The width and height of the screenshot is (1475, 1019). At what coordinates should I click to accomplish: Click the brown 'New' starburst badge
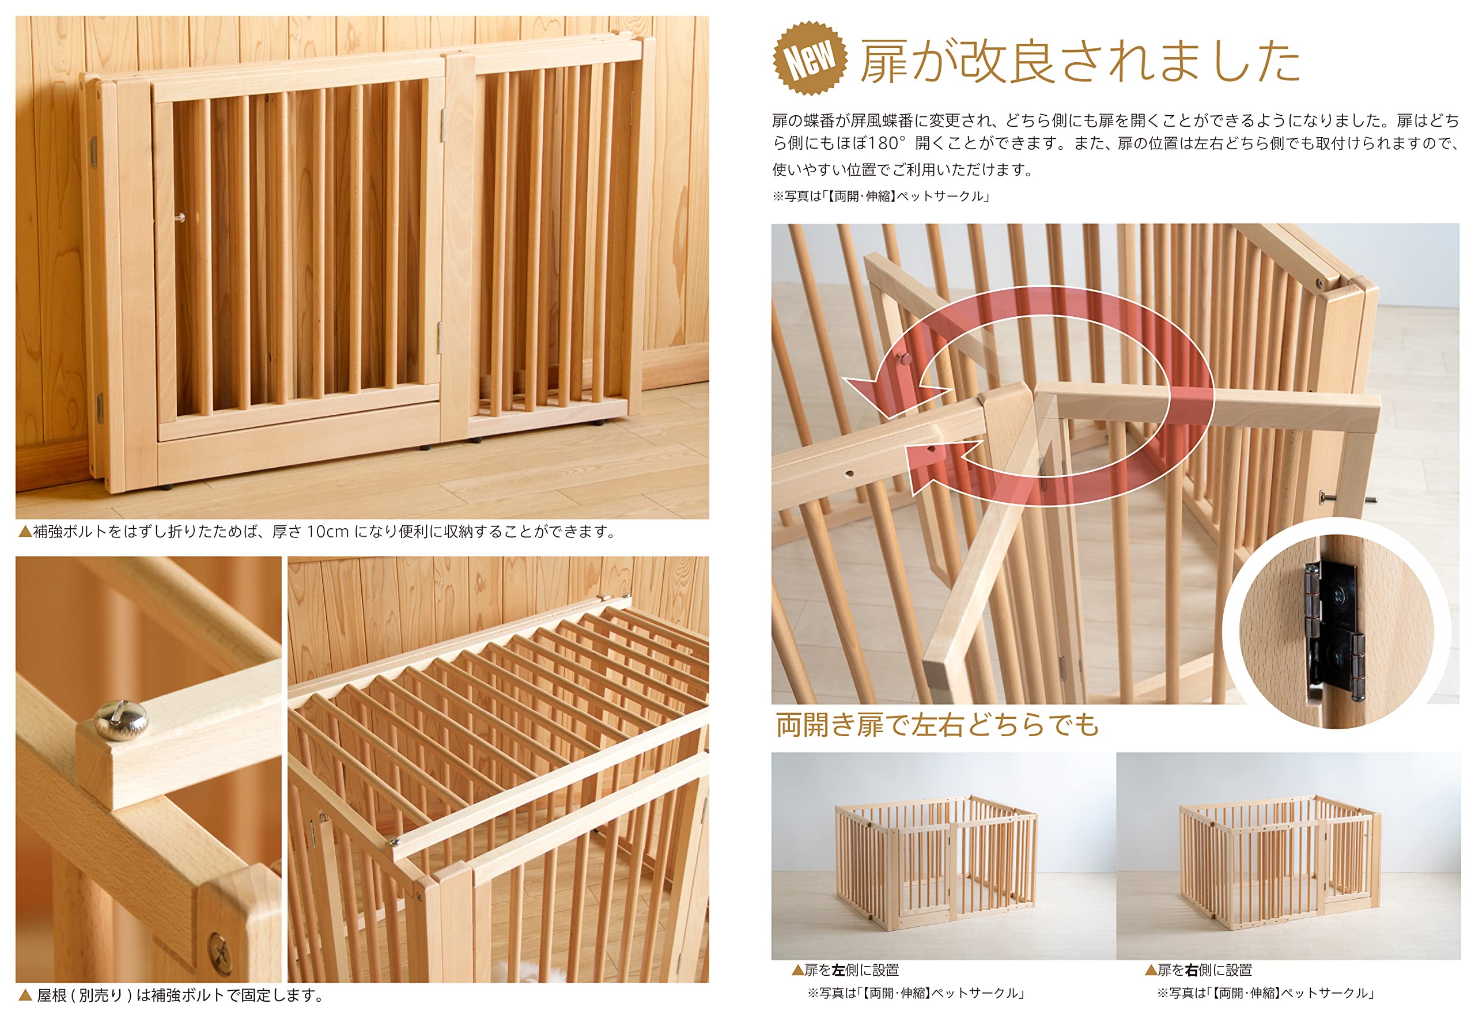click(810, 58)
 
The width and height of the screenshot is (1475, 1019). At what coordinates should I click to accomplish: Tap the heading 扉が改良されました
click(1079, 61)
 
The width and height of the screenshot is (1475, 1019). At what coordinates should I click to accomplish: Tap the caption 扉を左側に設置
click(851, 970)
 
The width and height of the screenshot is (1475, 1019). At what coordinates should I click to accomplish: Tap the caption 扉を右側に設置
click(1204, 970)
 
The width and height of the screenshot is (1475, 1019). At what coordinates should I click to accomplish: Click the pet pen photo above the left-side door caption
click(943, 855)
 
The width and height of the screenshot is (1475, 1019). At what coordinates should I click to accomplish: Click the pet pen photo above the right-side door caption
click(1287, 855)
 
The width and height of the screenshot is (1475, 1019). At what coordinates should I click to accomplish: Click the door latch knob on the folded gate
click(181, 218)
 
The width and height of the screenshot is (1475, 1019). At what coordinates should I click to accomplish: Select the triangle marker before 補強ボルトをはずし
click(25, 531)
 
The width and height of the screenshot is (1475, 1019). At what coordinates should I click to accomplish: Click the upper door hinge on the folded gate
click(442, 124)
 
